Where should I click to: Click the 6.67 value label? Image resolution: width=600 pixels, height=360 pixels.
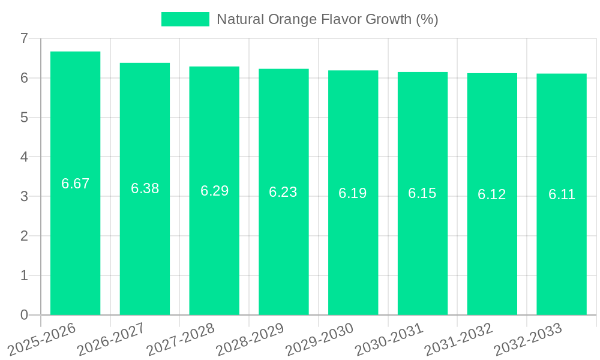(75, 184)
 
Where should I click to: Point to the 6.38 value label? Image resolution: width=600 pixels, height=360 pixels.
(145, 188)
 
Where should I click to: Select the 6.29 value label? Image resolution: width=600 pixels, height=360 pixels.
(214, 191)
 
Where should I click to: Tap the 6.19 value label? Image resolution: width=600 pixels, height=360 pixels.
(353, 193)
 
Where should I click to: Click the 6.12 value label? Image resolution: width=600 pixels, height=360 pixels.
(492, 194)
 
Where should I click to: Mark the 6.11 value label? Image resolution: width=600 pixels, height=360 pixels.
(562, 194)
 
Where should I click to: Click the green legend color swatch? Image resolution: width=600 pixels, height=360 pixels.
(185, 19)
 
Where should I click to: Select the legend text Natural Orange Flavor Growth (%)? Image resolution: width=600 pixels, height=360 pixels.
(327, 19)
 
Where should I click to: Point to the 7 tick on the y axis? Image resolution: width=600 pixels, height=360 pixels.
(24, 38)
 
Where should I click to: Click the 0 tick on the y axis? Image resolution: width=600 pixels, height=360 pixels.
(24, 315)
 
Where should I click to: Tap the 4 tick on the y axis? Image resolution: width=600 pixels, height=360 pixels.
(24, 157)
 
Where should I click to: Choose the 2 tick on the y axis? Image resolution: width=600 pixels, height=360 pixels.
(24, 236)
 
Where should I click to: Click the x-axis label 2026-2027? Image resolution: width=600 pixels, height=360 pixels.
(111, 338)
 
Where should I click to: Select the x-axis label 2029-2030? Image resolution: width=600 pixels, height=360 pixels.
(319, 338)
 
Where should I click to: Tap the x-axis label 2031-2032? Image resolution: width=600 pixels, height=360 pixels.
(458, 338)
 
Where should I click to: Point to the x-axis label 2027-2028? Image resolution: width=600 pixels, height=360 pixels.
(180, 338)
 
